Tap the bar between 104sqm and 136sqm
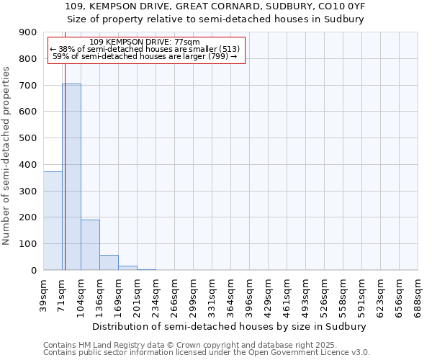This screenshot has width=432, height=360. pos(90,245)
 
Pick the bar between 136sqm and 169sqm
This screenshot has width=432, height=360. pos(109,263)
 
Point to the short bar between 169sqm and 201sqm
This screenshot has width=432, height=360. pos(127,268)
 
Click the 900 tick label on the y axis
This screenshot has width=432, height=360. pos(28,32)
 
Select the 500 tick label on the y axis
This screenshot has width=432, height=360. pos(28,138)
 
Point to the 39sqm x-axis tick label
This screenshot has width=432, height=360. pos(44,293)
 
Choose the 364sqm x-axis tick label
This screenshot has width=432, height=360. pos(231,294)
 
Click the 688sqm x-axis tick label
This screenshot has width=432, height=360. pos(418,294)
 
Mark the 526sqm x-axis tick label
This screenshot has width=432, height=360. pos(325,294)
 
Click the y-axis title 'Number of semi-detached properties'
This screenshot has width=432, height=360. pos(7,156)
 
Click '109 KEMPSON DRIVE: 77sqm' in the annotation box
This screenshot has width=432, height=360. pos(146,42)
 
